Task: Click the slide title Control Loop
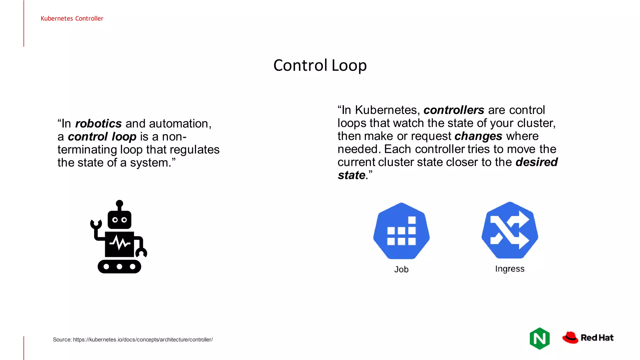click(x=320, y=65)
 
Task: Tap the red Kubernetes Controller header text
click(x=72, y=18)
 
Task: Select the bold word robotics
click(x=98, y=124)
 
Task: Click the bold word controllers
click(x=454, y=110)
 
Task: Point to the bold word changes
click(x=478, y=136)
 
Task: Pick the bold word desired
click(x=536, y=162)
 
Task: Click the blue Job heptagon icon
click(x=401, y=231)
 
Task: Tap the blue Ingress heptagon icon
click(x=510, y=230)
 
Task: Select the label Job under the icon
click(x=401, y=269)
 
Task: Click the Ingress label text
click(x=510, y=269)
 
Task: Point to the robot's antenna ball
click(x=119, y=204)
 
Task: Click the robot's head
click(x=119, y=219)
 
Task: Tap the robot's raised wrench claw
click(x=96, y=224)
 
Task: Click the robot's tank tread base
click(x=119, y=267)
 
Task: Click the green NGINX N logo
click(x=540, y=338)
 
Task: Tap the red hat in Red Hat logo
click(x=570, y=337)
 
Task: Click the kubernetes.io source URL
click(x=143, y=340)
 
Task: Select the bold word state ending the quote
click(x=351, y=175)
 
